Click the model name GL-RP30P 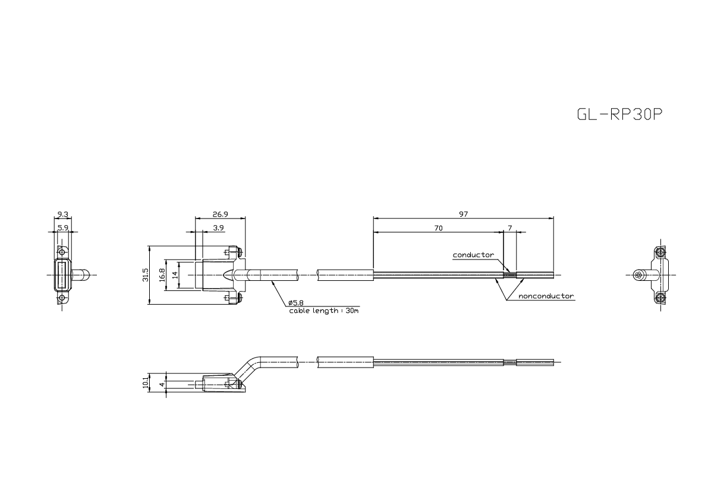tap(619, 115)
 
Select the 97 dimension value tap(463, 214)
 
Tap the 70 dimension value tap(438, 227)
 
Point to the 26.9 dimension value tap(221, 214)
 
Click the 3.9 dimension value tap(218, 227)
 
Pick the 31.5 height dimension tap(146, 275)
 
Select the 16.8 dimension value tap(162, 275)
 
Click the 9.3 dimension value tap(63, 214)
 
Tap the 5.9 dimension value tap(63, 227)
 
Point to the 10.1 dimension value tap(146, 382)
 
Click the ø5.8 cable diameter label tap(296, 303)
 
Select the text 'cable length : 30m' tap(323, 311)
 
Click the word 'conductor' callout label tap(473, 255)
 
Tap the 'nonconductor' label tap(546, 296)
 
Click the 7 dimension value tap(510, 227)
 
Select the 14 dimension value tap(175, 275)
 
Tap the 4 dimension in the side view tap(162, 384)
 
